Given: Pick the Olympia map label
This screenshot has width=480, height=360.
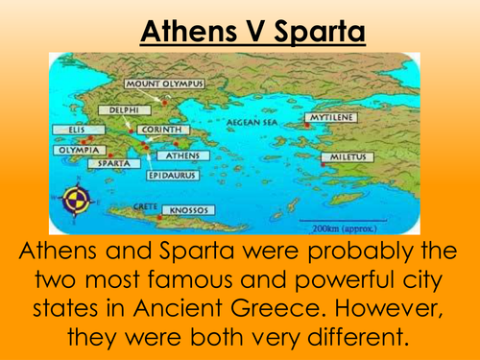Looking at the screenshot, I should [x=73, y=150].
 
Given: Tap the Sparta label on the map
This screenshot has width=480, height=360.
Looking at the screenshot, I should [x=108, y=163].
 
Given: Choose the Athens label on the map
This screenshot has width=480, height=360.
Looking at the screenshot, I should [x=181, y=155].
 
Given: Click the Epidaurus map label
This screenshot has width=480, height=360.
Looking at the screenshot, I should [x=172, y=177].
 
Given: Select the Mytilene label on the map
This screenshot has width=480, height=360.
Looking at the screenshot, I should [x=333, y=118].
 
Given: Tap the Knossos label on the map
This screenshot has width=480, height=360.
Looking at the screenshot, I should [x=188, y=209].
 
